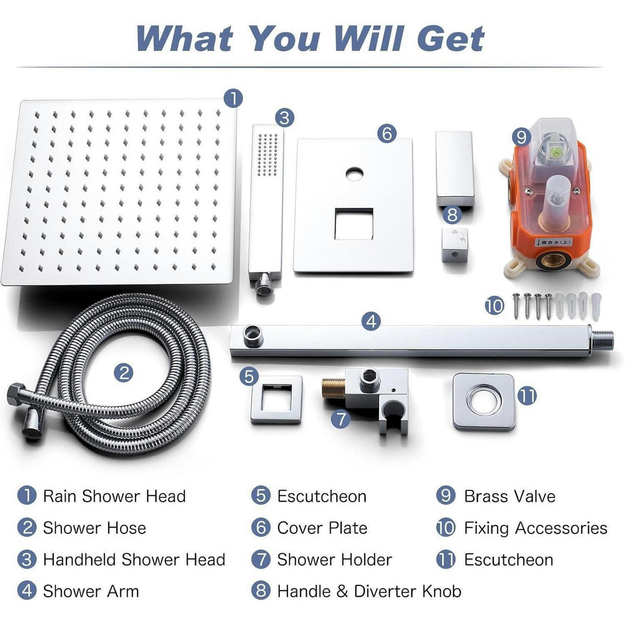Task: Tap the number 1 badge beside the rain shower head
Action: (x=233, y=98)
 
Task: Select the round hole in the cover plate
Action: (x=355, y=174)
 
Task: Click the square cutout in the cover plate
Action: (x=354, y=224)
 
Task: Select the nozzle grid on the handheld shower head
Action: (x=268, y=155)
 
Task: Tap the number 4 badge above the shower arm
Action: (x=371, y=321)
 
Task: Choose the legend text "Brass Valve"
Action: (x=509, y=496)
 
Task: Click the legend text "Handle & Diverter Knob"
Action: (x=369, y=591)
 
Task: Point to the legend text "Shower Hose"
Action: (x=95, y=528)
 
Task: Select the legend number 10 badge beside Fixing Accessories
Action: (x=446, y=528)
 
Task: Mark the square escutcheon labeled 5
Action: (x=277, y=399)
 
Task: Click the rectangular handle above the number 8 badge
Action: (x=454, y=169)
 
